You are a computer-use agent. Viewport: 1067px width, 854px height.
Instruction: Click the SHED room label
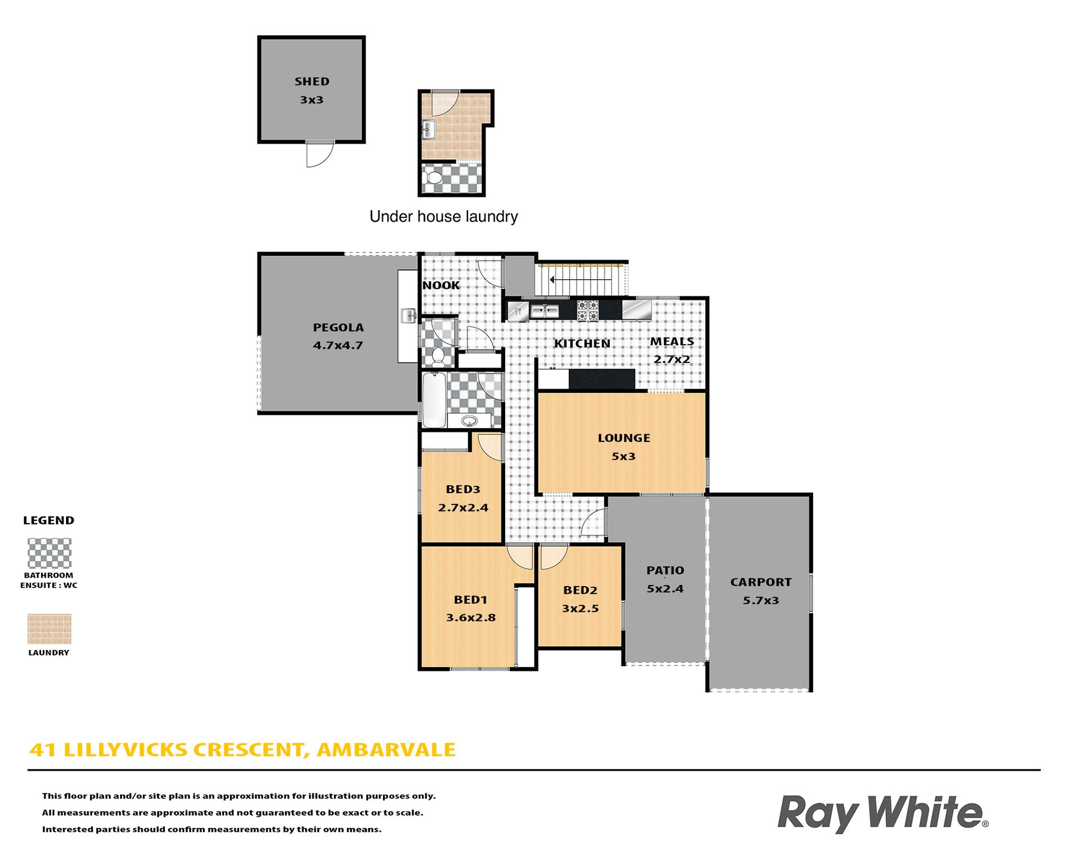point(312,82)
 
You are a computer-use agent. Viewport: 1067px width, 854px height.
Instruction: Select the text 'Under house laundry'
point(443,216)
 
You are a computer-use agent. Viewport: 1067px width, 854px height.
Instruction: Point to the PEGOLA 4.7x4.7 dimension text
point(338,345)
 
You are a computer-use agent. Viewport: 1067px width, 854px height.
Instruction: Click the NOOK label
point(441,285)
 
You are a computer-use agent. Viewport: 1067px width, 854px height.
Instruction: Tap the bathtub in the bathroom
point(433,399)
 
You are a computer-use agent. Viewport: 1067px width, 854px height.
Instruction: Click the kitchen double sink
point(544,311)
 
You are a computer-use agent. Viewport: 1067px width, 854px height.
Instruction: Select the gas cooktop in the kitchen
point(587,311)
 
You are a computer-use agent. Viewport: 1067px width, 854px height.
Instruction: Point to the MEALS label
point(672,341)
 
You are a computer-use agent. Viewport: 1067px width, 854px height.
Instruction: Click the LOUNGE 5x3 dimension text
point(624,456)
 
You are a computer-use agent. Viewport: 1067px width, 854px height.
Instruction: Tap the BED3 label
point(463,489)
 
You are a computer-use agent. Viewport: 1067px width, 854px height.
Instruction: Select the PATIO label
point(665,570)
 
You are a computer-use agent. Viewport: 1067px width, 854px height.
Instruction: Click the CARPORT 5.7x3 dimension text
point(761,600)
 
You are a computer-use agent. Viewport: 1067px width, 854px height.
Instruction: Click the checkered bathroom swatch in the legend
point(49,553)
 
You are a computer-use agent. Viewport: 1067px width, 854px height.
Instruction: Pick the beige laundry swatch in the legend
point(49,629)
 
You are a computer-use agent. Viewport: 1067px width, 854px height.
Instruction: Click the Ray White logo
point(882,813)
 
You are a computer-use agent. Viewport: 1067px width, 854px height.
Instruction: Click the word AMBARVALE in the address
point(386,750)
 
